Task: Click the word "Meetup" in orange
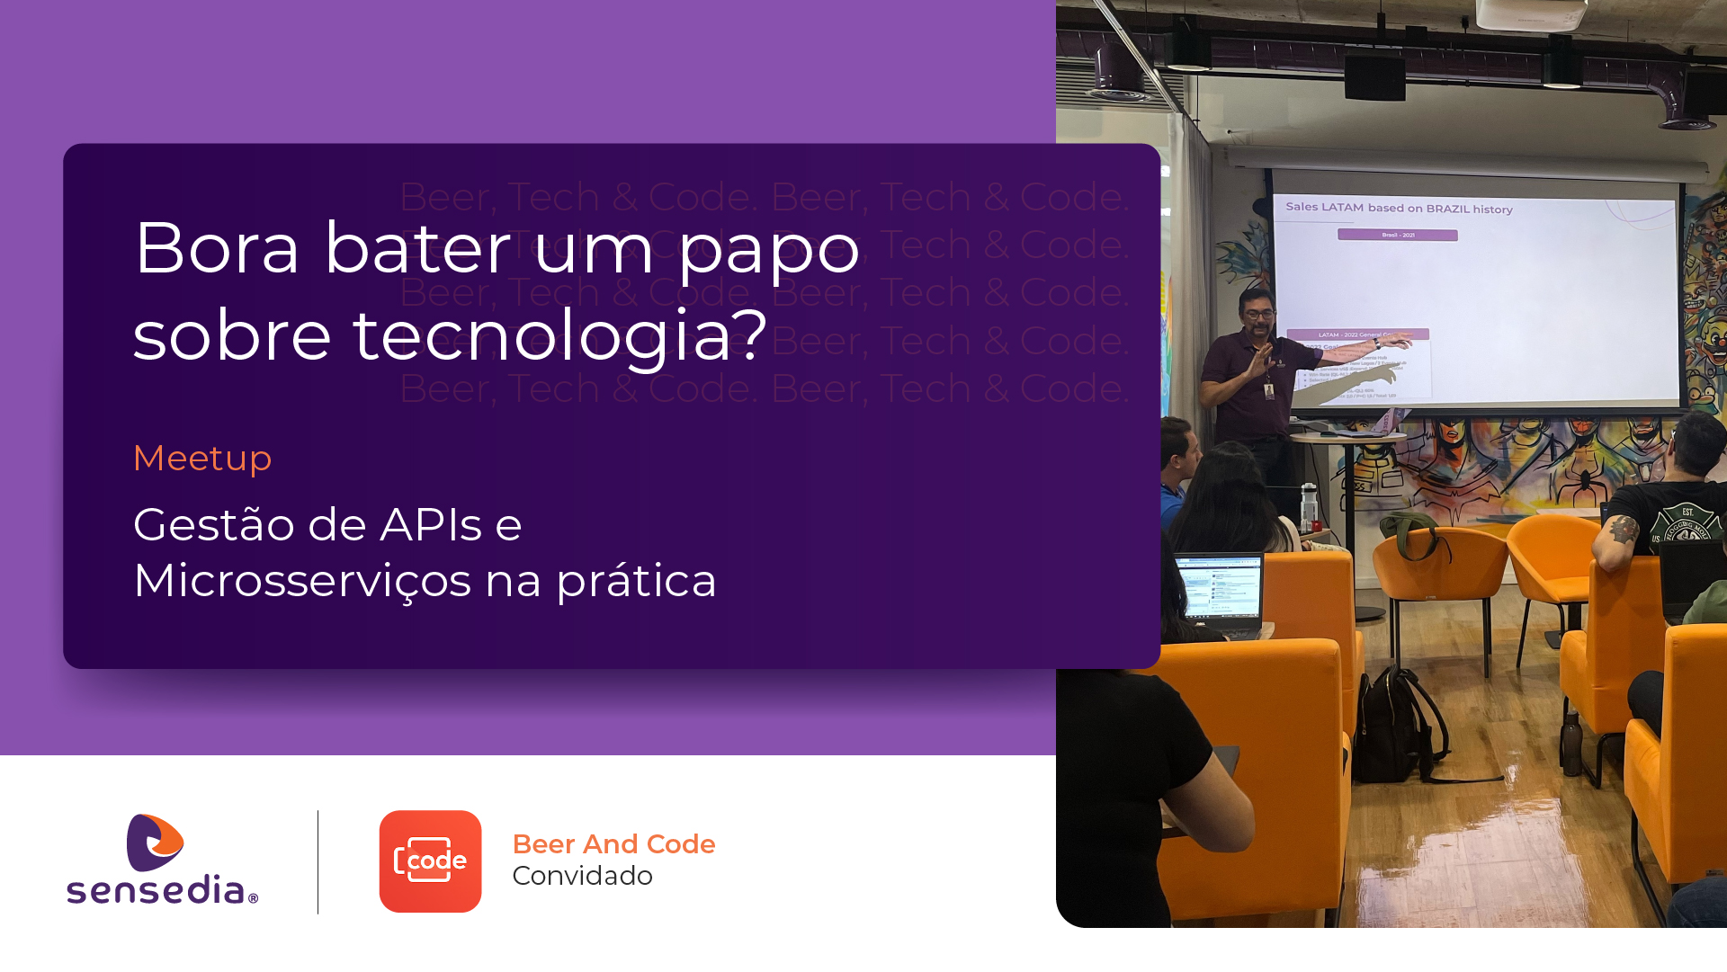pos(201,459)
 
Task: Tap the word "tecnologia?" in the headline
pos(559,336)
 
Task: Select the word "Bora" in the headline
pos(216,248)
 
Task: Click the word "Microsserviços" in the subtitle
pos(302,581)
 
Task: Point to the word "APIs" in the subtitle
pos(431,525)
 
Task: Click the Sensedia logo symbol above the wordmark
pos(155,843)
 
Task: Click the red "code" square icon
pos(430,861)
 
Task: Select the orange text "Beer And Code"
pos(613,844)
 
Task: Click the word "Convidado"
pos(582,876)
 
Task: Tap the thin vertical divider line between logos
pos(318,861)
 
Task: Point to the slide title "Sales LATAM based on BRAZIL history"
pos(1399,209)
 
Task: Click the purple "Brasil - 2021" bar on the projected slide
pos(1397,236)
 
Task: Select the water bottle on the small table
pos(1310,506)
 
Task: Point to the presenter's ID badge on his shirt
pos(1269,392)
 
